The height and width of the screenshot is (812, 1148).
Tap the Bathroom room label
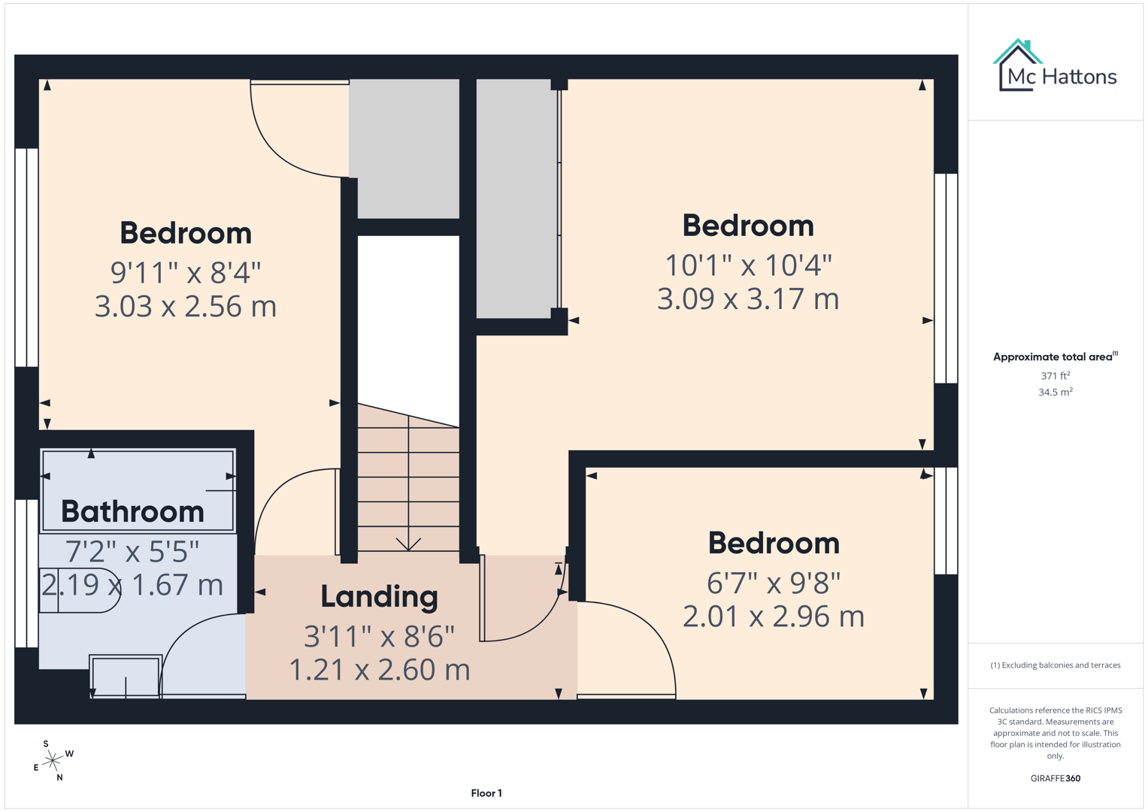pos(132,511)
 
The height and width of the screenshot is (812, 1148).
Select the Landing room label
pos(379,596)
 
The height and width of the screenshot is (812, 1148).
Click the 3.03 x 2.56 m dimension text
pos(186,306)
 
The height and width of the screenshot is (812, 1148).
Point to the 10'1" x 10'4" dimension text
pos(748,265)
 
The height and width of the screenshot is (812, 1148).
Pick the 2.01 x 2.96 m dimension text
pos(773,617)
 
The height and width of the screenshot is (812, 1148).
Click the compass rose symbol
pos(53,761)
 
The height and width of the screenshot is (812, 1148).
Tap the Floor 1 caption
pos(486,793)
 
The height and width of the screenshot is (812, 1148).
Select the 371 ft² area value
pos(1055,375)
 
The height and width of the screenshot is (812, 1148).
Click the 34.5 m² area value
pos(1055,392)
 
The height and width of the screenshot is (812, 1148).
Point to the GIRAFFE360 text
pos(1055,778)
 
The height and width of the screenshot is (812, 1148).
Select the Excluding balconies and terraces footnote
pos(1055,665)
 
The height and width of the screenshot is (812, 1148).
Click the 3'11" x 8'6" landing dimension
pos(379,637)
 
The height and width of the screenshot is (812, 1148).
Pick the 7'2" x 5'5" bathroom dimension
pos(132,551)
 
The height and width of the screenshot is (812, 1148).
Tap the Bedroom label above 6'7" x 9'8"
pos(773,543)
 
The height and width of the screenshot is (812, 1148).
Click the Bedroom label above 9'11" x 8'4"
pos(186,233)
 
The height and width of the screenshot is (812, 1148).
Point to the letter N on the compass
pos(59,777)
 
